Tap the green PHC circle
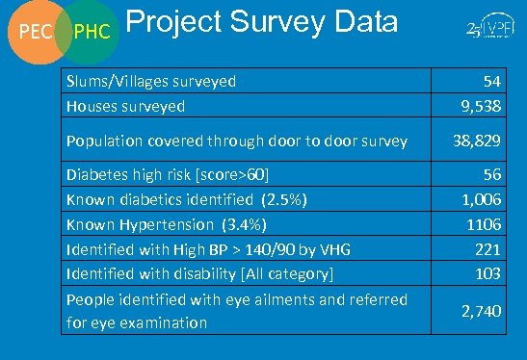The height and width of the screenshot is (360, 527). point(92,34)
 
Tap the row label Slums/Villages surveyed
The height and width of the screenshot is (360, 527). point(151,82)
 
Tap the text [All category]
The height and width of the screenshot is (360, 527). point(285,274)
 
